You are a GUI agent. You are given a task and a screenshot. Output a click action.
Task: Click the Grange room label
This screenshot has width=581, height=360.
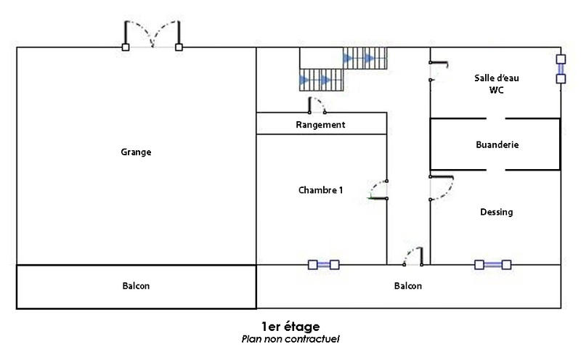(136, 152)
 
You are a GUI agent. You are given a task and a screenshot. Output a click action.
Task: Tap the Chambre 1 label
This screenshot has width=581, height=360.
(320, 190)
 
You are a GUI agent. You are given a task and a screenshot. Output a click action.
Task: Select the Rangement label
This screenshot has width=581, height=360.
(320, 125)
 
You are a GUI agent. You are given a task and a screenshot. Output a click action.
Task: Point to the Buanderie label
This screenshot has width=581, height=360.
(497, 144)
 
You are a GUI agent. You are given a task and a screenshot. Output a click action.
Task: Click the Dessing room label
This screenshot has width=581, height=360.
(497, 212)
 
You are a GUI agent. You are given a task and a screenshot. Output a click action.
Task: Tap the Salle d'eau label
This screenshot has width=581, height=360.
(497, 78)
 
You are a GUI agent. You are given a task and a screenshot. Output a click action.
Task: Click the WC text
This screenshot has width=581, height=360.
(497, 91)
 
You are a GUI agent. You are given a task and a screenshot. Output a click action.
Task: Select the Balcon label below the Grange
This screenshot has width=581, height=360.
(136, 286)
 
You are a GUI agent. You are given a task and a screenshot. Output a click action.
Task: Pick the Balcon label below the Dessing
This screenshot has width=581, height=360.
(408, 286)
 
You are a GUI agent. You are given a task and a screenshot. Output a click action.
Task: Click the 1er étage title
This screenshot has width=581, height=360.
(290, 327)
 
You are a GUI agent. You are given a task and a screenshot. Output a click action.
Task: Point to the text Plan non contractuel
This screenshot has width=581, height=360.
(290, 339)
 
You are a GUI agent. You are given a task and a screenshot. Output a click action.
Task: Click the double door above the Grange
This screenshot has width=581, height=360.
(153, 36)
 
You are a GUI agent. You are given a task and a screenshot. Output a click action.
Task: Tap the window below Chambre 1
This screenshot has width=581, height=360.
(323, 265)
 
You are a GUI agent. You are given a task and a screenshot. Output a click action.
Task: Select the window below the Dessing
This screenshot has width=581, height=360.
(492, 265)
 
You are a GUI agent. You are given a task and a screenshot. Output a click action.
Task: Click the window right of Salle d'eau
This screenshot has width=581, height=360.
(560, 69)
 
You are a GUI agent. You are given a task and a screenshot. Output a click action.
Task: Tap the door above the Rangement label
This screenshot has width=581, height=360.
(317, 106)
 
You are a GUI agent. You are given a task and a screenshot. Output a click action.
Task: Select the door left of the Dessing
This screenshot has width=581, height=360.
(440, 187)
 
